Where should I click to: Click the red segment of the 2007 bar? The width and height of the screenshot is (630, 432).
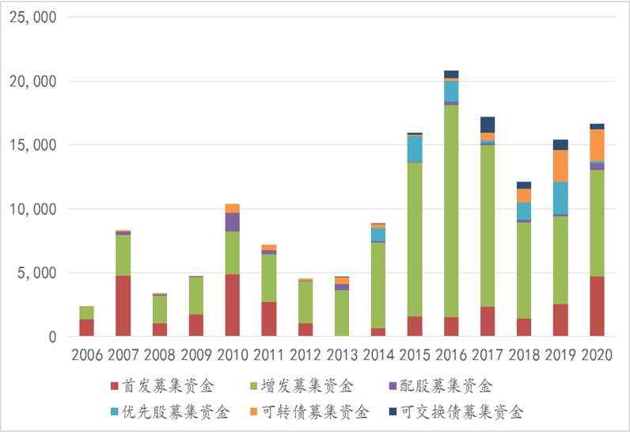coord(123,306)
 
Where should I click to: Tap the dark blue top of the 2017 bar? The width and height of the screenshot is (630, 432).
coord(488,124)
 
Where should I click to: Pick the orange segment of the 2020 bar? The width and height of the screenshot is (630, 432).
coord(597,145)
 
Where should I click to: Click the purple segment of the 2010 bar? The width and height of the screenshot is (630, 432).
coord(233,222)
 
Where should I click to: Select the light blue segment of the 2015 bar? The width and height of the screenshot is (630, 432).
coord(415,148)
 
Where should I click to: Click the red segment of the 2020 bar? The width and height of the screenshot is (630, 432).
coord(597,306)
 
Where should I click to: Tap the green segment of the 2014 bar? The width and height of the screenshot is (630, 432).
coord(378,285)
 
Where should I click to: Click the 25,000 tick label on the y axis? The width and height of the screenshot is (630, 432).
coord(32,17)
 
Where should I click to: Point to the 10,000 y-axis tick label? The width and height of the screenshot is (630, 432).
coord(32,209)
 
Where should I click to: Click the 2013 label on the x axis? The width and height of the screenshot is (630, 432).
coord(342,353)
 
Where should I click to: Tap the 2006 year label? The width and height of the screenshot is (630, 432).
coord(87,353)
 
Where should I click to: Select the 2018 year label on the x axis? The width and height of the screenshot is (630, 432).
coord(524,353)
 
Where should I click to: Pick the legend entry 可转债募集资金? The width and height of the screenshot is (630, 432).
coord(331,412)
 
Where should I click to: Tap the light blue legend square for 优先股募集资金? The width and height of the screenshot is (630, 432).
coord(116,412)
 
